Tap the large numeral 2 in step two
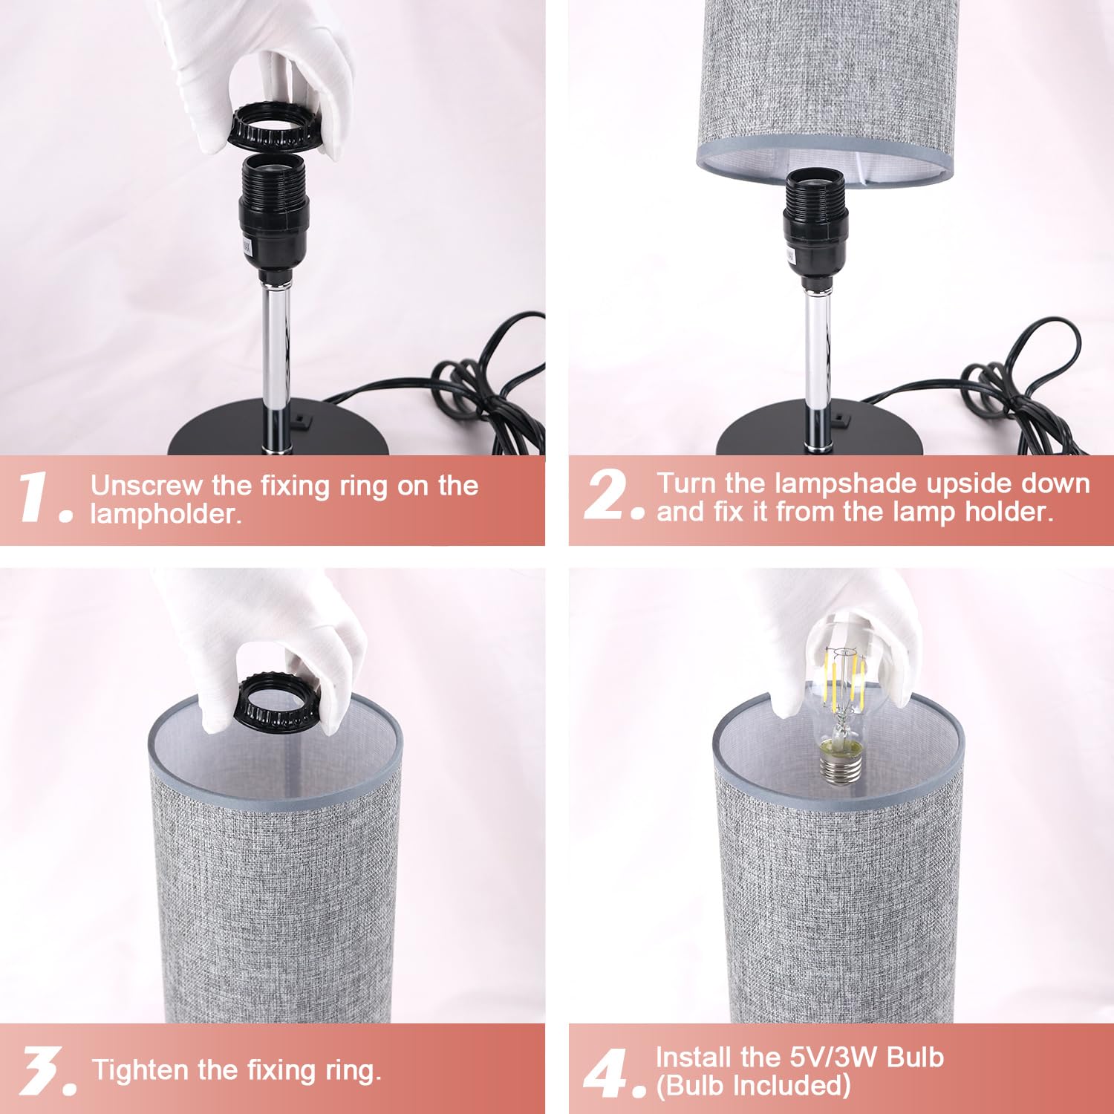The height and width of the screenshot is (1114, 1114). coord(606,495)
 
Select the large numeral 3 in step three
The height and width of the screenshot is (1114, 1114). coord(41,1070)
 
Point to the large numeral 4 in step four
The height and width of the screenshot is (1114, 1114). coord(606,1072)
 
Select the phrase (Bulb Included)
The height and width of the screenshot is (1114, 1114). coord(752,1086)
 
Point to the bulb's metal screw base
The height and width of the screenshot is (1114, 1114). coord(840,764)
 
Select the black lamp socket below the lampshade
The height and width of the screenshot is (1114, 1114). coord(815,227)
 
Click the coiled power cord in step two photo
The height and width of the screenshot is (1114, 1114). coord(1025,386)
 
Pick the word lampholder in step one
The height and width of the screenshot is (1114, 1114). coord(165,514)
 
